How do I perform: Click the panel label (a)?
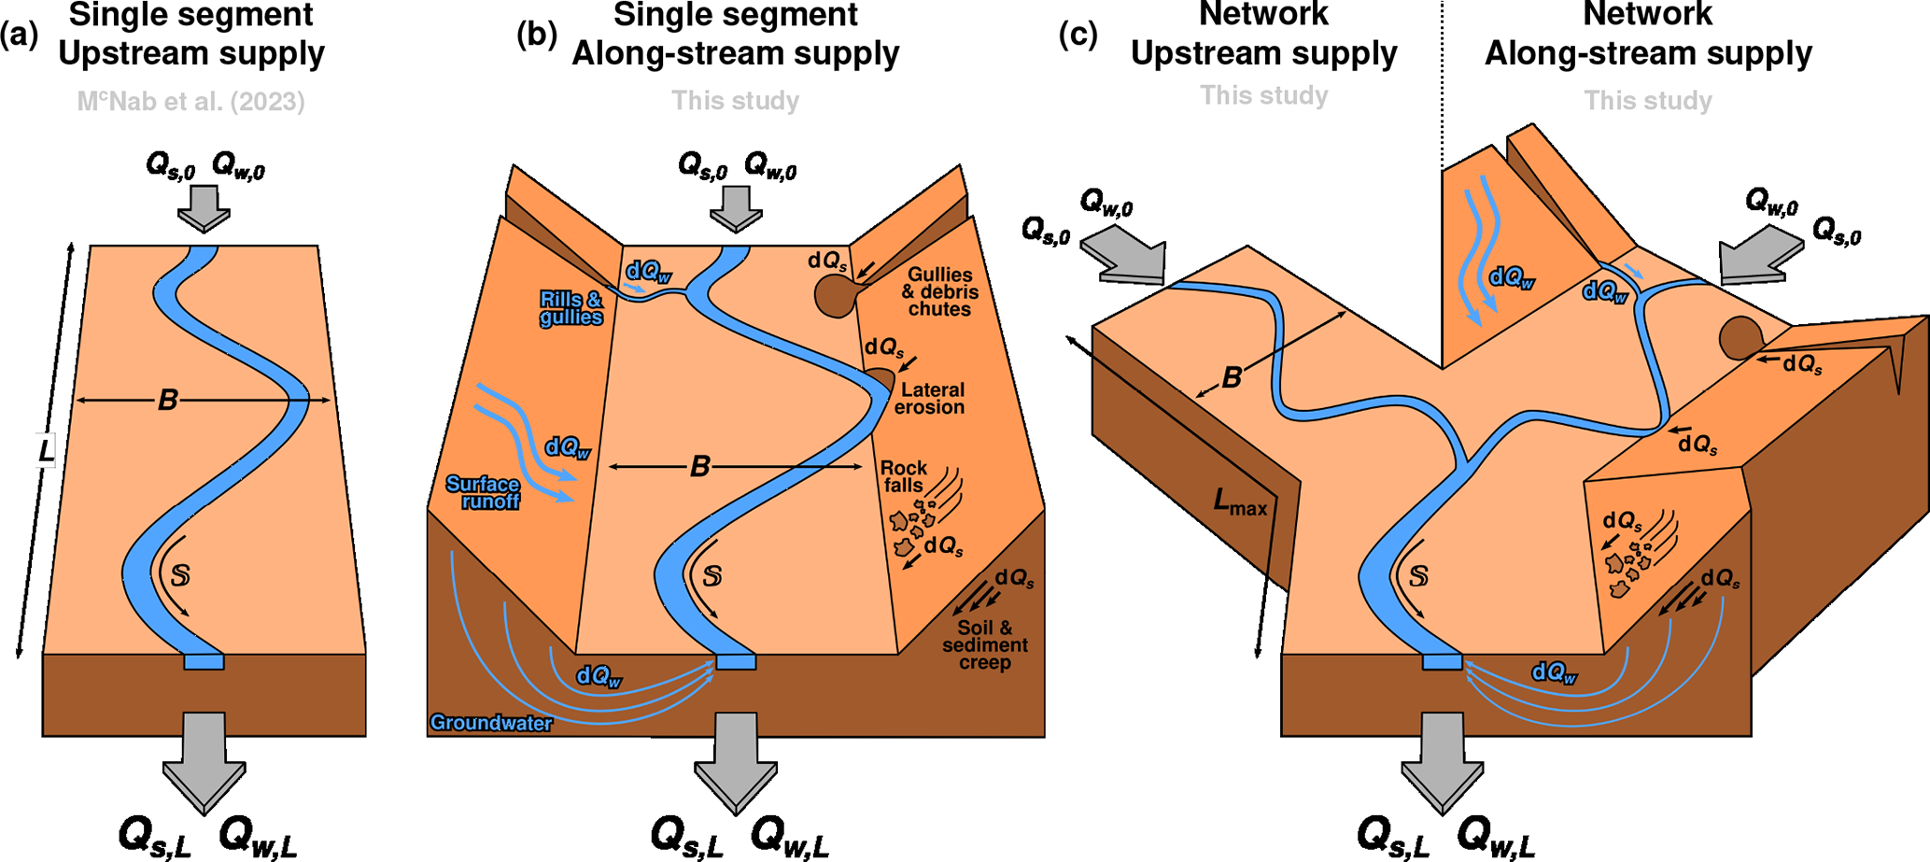(19, 35)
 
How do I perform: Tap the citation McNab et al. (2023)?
(190, 101)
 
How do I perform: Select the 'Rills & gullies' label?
(571, 308)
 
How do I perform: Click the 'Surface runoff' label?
(483, 492)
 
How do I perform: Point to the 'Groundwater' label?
(491, 723)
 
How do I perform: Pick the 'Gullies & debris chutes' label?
(939, 291)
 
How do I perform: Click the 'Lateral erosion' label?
(931, 398)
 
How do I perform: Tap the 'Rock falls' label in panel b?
(904, 476)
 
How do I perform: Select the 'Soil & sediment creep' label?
(984, 645)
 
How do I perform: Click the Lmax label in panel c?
(1240, 503)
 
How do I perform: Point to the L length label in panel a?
(46, 451)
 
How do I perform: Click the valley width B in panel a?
(168, 401)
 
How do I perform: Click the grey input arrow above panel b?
(736, 207)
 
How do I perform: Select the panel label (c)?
(1078, 35)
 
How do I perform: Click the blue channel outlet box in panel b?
(736, 662)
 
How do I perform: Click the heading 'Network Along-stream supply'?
(1648, 35)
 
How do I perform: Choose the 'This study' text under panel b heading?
(736, 101)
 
